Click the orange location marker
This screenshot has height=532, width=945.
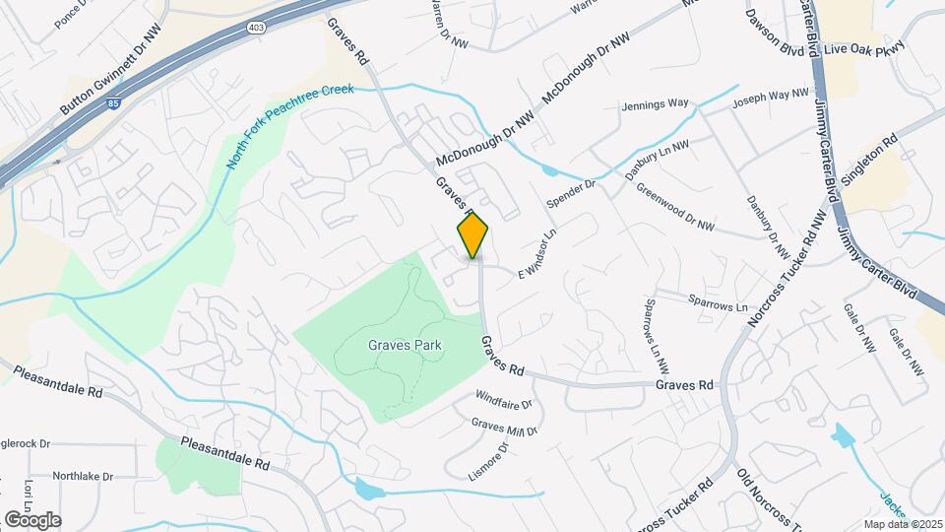click(473, 235)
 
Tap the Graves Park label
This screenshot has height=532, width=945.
click(405, 346)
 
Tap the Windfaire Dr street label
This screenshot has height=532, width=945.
click(503, 403)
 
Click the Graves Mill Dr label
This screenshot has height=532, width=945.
click(504, 428)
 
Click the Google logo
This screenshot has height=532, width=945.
click(32, 519)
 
